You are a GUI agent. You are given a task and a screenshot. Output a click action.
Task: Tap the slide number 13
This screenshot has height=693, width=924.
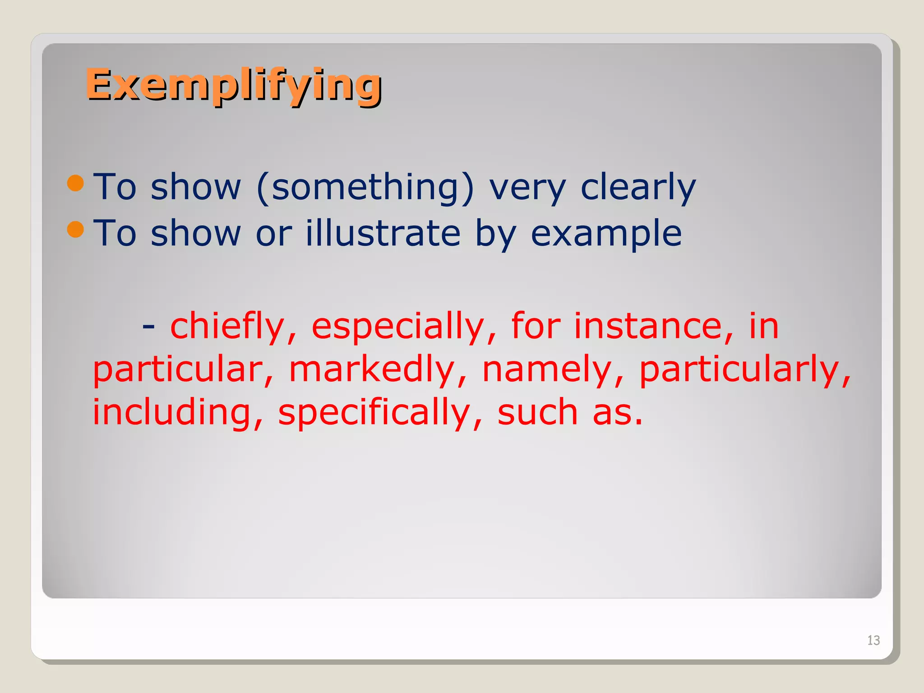pyautogui.click(x=873, y=640)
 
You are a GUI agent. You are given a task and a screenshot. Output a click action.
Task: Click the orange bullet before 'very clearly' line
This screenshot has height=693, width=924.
pyautogui.click(x=75, y=183)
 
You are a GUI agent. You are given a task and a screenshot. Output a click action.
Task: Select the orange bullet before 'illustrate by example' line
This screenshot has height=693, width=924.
pyautogui.click(x=75, y=229)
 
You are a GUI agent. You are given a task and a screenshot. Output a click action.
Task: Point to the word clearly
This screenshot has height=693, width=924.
pyautogui.click(x=638, y=187)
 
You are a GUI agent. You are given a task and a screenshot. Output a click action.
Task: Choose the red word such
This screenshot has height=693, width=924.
pyautogui.click(x=537, y=412)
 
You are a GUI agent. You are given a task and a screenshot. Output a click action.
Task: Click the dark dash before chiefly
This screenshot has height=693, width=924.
pyautogui.click(x=148, y=326)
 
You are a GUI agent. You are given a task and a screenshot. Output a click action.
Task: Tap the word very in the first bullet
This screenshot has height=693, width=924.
pyautogui.click(x=527, y=188)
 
